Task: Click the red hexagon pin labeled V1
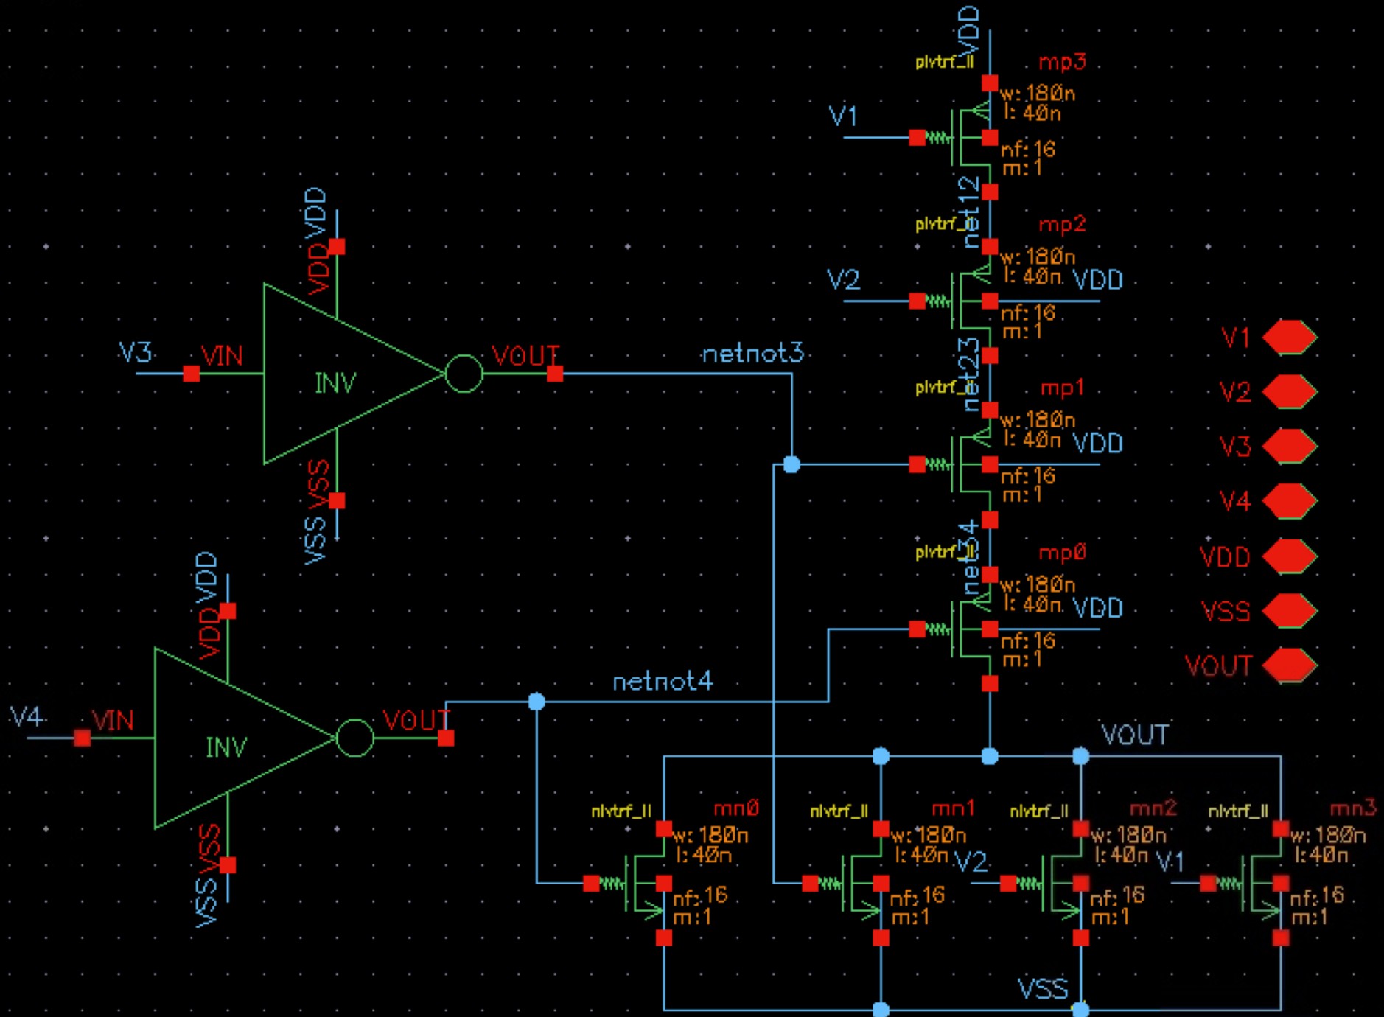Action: (x=1289, y=338)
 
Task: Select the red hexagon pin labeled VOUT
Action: (x=1289, y=665)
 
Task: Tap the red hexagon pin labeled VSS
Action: (x=1289, y=611)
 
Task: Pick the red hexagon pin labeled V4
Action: (x=1289, y=501)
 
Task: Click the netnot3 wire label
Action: (x=752, y=354)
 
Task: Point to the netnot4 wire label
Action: (x=663, y=682)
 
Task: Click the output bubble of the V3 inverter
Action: (x=464, y=374)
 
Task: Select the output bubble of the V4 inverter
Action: (x=354, y=738)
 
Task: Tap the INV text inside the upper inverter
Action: (x=335, y=383)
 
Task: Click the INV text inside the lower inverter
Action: (x=226, y=747)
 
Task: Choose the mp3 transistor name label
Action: (x=1062, y=62)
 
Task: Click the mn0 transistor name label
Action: (x=735, y=808)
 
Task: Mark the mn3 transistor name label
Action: (x=1352, y=808)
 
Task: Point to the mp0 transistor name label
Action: (x=1062, y=553)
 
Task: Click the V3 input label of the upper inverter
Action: (x=136, y=353)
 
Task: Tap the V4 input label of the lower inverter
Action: (x=26, y=716)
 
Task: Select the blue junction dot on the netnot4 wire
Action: (x=537, y=701)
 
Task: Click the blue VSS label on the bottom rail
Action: (x=1042, y=989)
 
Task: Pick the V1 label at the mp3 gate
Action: (x=843, y=116)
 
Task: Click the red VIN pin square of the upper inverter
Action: (x=192, y=374)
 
